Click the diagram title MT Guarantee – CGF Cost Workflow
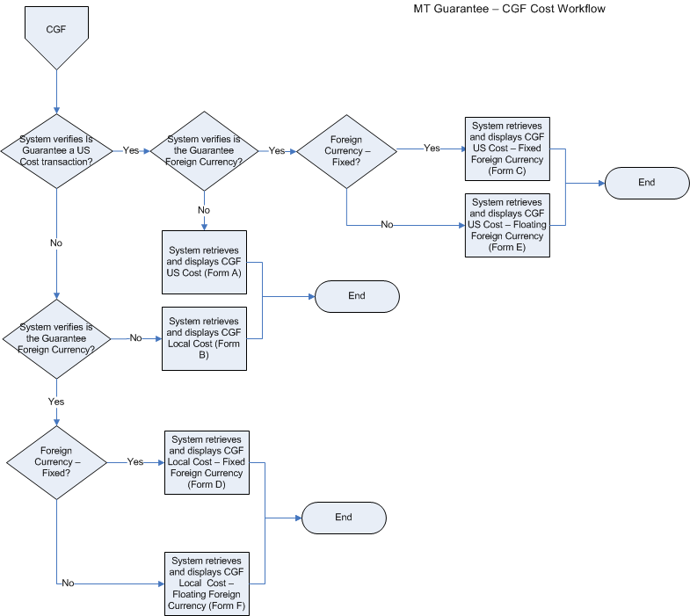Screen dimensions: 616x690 coord(509,9)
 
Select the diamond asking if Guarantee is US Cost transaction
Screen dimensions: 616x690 coord(56,150)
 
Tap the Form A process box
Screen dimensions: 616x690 coord(204,261)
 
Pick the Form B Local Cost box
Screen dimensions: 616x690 coord(203,338)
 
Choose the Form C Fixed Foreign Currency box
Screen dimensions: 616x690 coord(507,149)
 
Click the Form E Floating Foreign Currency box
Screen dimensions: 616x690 coord(507,224)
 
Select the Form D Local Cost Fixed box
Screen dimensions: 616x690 coord(207,461)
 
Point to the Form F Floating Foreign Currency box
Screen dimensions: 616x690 coord(207,583)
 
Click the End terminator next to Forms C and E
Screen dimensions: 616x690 coord(647,183)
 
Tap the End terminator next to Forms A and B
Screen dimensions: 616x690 coord(356,296)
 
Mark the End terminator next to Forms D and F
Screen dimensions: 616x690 coord(344,518)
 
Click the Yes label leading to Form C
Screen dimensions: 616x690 coord(432,149)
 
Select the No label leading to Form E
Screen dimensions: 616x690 coord(387,225)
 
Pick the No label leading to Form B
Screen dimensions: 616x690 coord(136,337)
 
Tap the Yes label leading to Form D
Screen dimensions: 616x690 coord(135,461)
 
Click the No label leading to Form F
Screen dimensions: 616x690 coord(68,583)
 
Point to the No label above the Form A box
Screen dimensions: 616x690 coord(204,210)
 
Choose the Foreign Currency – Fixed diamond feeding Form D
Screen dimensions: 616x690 coord(56,461)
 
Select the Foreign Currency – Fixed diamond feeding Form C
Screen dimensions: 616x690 coord(346,150)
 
